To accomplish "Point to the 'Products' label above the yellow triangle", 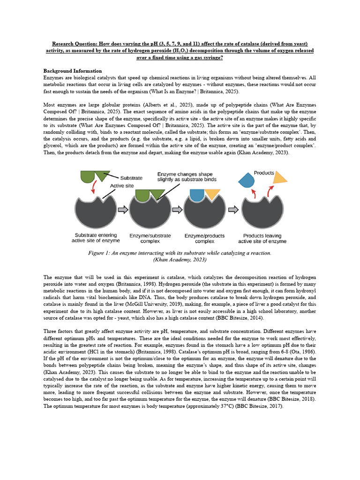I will (264, 173).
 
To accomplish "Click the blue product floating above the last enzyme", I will (247, 180).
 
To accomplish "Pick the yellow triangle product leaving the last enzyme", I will (279, 178).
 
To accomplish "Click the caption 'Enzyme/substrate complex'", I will (150, 238).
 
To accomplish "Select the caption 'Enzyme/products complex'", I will (204, 238).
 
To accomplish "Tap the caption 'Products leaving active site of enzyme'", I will (262, 238).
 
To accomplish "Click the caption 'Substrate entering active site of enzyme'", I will (96, 238).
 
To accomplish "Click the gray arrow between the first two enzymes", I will (122, 210).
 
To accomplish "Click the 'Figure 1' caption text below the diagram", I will (180, 253).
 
